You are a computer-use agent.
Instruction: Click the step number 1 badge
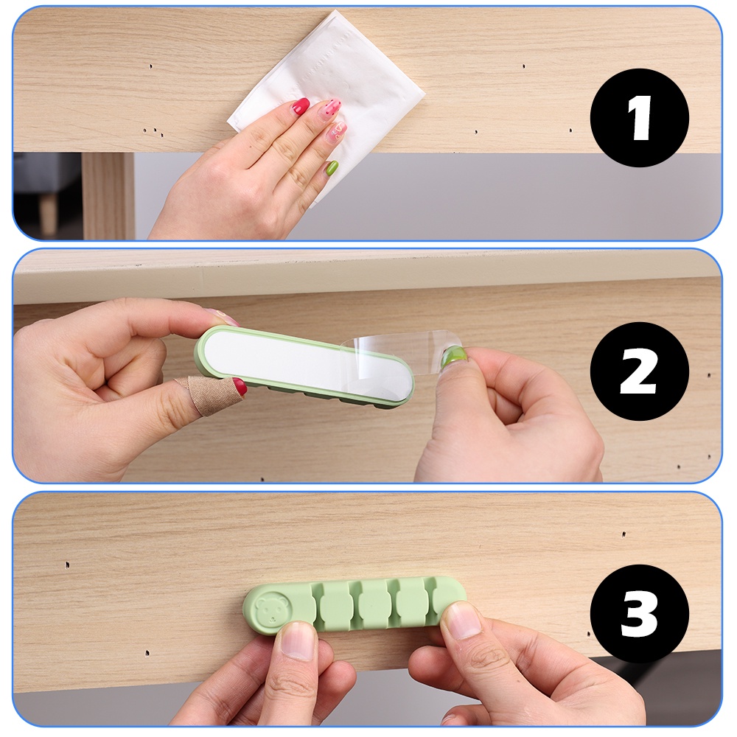coord(639,117)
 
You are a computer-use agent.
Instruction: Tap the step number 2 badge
coord(639,371)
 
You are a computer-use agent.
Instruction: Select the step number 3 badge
coord(639,613)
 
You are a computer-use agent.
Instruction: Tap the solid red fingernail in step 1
coord(301,106)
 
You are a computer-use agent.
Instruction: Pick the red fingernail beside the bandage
coord(240,386)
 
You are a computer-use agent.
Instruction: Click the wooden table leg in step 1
coord(109,195)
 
